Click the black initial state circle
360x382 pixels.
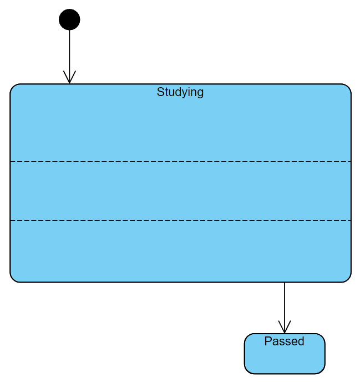tap(69, 19)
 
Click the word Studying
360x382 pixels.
tap(180, 92)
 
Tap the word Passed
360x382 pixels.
tap(284, 341)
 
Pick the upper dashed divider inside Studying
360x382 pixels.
tap(180, 162)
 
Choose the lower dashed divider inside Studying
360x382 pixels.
tap(180, 220)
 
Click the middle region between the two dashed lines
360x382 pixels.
tap(180, 191)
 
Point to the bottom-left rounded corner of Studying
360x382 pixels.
tap(13, 279)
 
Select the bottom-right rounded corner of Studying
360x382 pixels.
tap(348, 279)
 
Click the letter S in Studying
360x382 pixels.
tap(160, 92)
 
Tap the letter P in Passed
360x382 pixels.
tap(268, 341)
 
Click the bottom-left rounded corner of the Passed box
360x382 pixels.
tap(247, 371)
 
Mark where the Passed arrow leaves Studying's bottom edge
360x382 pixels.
tap(285, 283)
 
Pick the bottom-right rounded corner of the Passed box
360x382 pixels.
tap(322, 371)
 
